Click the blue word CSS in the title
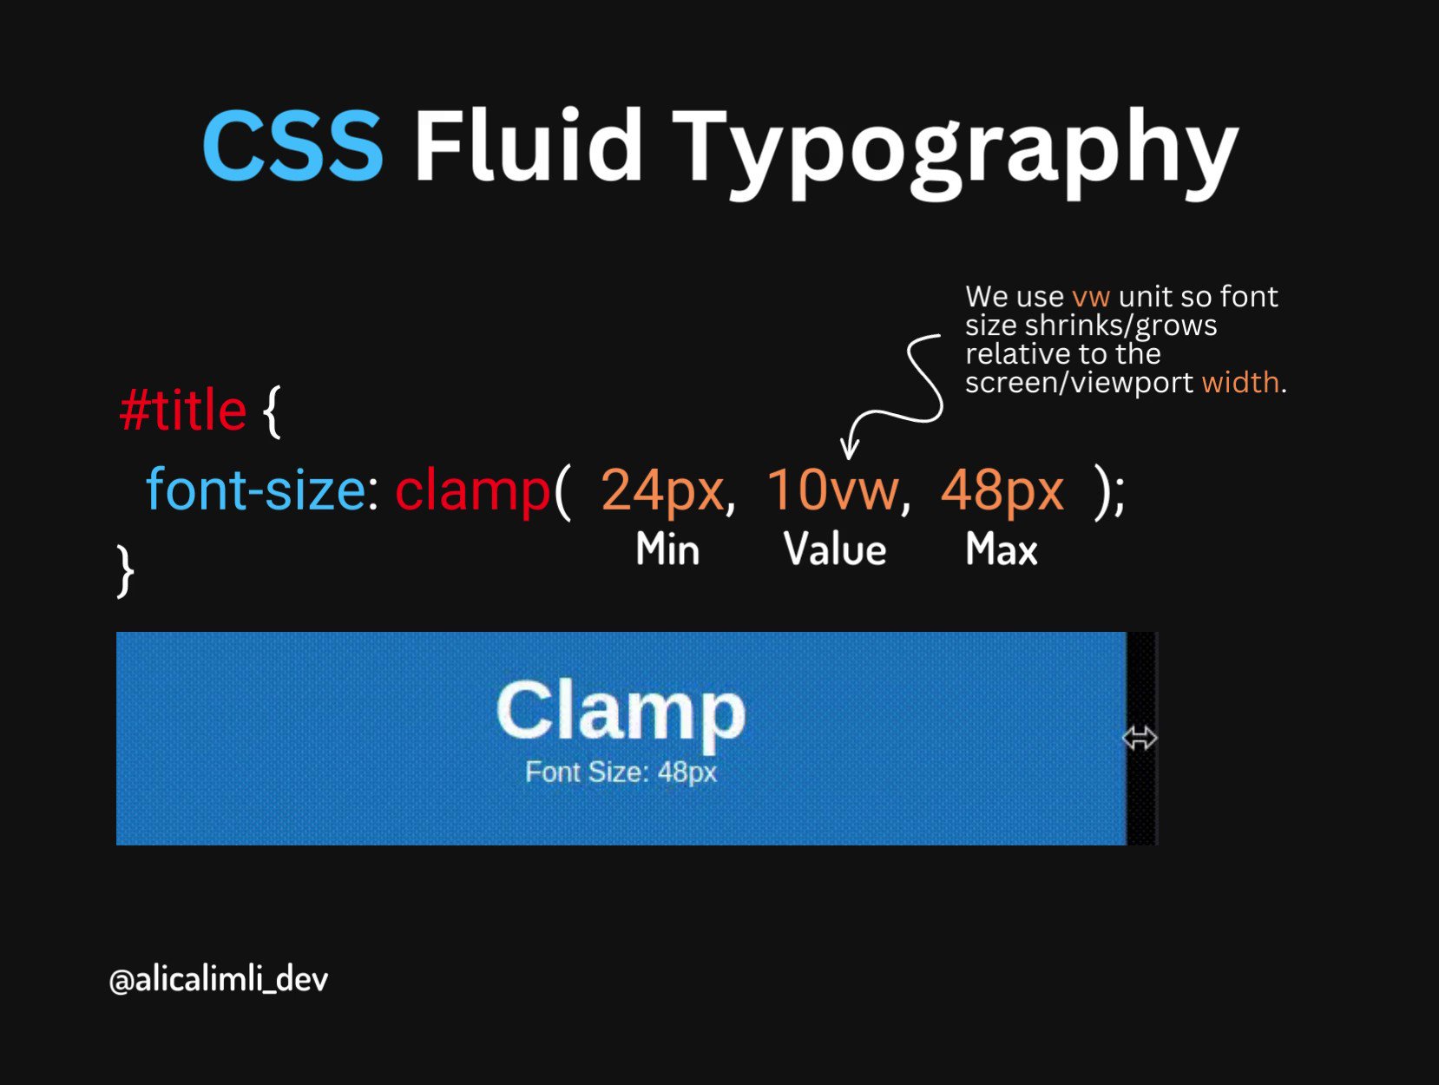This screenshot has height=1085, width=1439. click(292, 145)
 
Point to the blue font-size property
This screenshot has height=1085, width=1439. click(255, 490)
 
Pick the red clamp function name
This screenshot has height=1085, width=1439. click(472, 490)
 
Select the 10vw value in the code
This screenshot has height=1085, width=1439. click(832, 490)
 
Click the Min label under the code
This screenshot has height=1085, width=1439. click(667, 550)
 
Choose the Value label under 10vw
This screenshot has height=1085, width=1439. click(835, 550)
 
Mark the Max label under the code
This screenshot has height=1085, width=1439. click(1002, 550)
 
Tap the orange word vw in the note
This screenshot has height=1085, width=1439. click(1091, 297)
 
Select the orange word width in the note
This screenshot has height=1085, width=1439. click(1240, 383)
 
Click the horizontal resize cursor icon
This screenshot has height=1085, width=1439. click(1140, 739)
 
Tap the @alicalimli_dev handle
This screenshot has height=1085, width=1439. click(219, 980)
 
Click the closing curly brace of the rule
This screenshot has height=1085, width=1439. click(126, 570)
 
